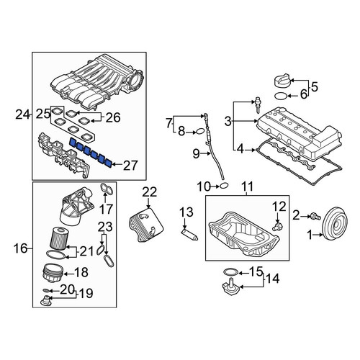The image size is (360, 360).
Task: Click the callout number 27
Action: click(x=130, y=165)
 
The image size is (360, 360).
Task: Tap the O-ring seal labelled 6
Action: click(x=281, y=96)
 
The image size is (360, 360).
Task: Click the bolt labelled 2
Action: click(x=315, y=217)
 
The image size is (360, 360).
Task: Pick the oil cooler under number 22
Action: click(x=146, y=225)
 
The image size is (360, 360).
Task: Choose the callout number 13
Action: click(x=186, y=212)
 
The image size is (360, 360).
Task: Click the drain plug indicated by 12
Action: click(x=278, y=226)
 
